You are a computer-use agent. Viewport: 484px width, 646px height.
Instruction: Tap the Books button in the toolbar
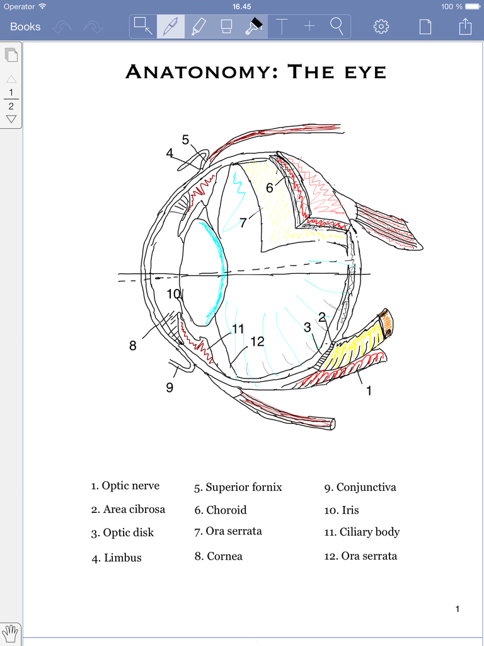pyautogui.click(x=25, y=26)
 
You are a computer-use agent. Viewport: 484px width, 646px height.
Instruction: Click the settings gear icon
pyautogui.click(x=381, y=26)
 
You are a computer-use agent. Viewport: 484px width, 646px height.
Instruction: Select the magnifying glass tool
pyautogui.click(x=337, y=26)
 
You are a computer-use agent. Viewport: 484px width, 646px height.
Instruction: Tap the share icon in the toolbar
pyautogui.click(x=465, y=26)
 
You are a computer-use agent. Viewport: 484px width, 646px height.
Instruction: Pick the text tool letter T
pyautogui.click(x=282, y=26)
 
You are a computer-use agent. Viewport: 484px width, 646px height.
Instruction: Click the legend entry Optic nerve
pyautogui.click(x=130, y=486)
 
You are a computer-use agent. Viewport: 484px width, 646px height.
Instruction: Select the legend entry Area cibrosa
pyautogui.click(x=134, y=509)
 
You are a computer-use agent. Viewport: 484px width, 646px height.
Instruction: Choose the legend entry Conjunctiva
pyautogui.click(x=366, y=487)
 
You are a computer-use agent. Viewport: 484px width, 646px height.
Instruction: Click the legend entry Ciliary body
pyautogui.click(x=369, y=532)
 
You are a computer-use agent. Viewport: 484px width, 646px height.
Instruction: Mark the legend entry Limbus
pyautogui.click(x=122, y=558)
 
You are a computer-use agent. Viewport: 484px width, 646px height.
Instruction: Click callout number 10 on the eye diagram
pyautogui.click(x=174, y=294)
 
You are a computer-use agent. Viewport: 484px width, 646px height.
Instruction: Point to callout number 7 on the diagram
pyautogui.click(x=243, y=223)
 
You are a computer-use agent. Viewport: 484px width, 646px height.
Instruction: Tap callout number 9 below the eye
pyautogui.click(x=170, y=387)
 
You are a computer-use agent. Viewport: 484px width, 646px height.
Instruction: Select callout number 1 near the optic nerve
pyautogui.click(x=369, y=391)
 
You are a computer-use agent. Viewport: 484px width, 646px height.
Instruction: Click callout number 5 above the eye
pyautogui.click(x=185, y=139)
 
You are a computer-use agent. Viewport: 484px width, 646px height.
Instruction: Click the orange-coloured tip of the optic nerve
pyautogui.click(x=386, y=322)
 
